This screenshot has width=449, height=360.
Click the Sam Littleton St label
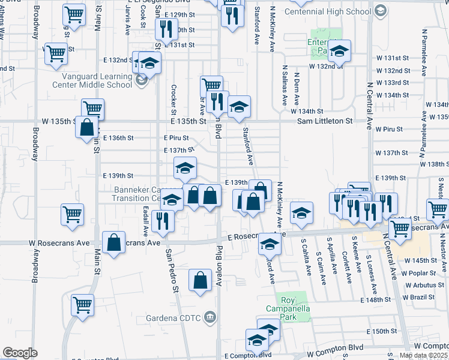[325, 121]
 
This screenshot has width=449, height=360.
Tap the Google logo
[20, 353]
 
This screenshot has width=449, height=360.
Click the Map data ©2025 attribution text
[424, 355]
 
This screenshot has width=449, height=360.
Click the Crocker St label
[173, 100]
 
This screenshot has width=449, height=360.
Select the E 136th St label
[118, 138]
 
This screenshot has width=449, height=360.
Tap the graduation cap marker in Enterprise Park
[339, 51]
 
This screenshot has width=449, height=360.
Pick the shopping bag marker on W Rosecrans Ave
[113, 243]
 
